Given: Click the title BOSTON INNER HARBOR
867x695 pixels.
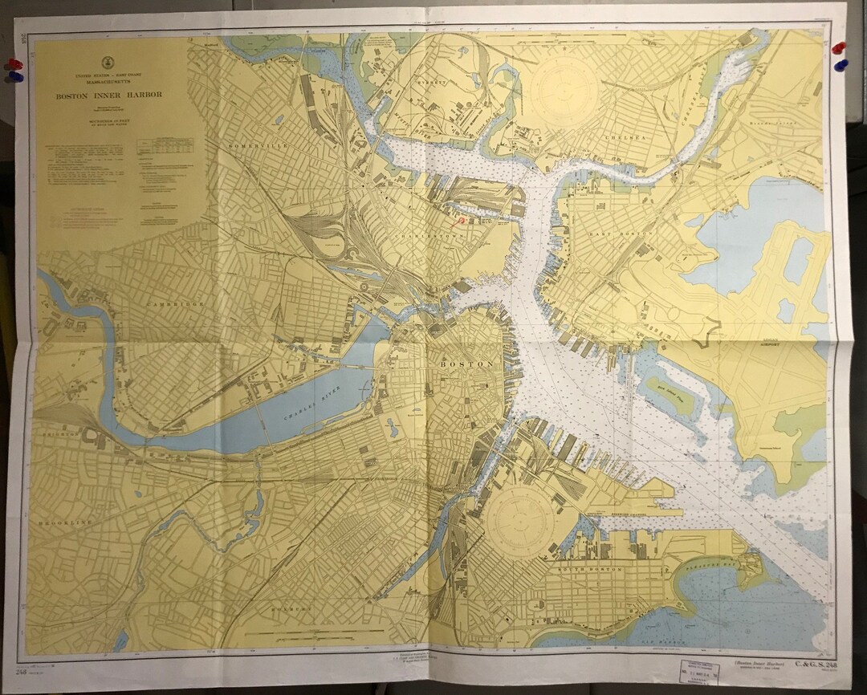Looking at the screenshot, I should click(x=108, y=95).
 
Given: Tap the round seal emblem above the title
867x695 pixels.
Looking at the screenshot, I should click(x=107, y=63).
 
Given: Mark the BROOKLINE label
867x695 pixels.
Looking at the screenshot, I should click(x=65, y=522).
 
